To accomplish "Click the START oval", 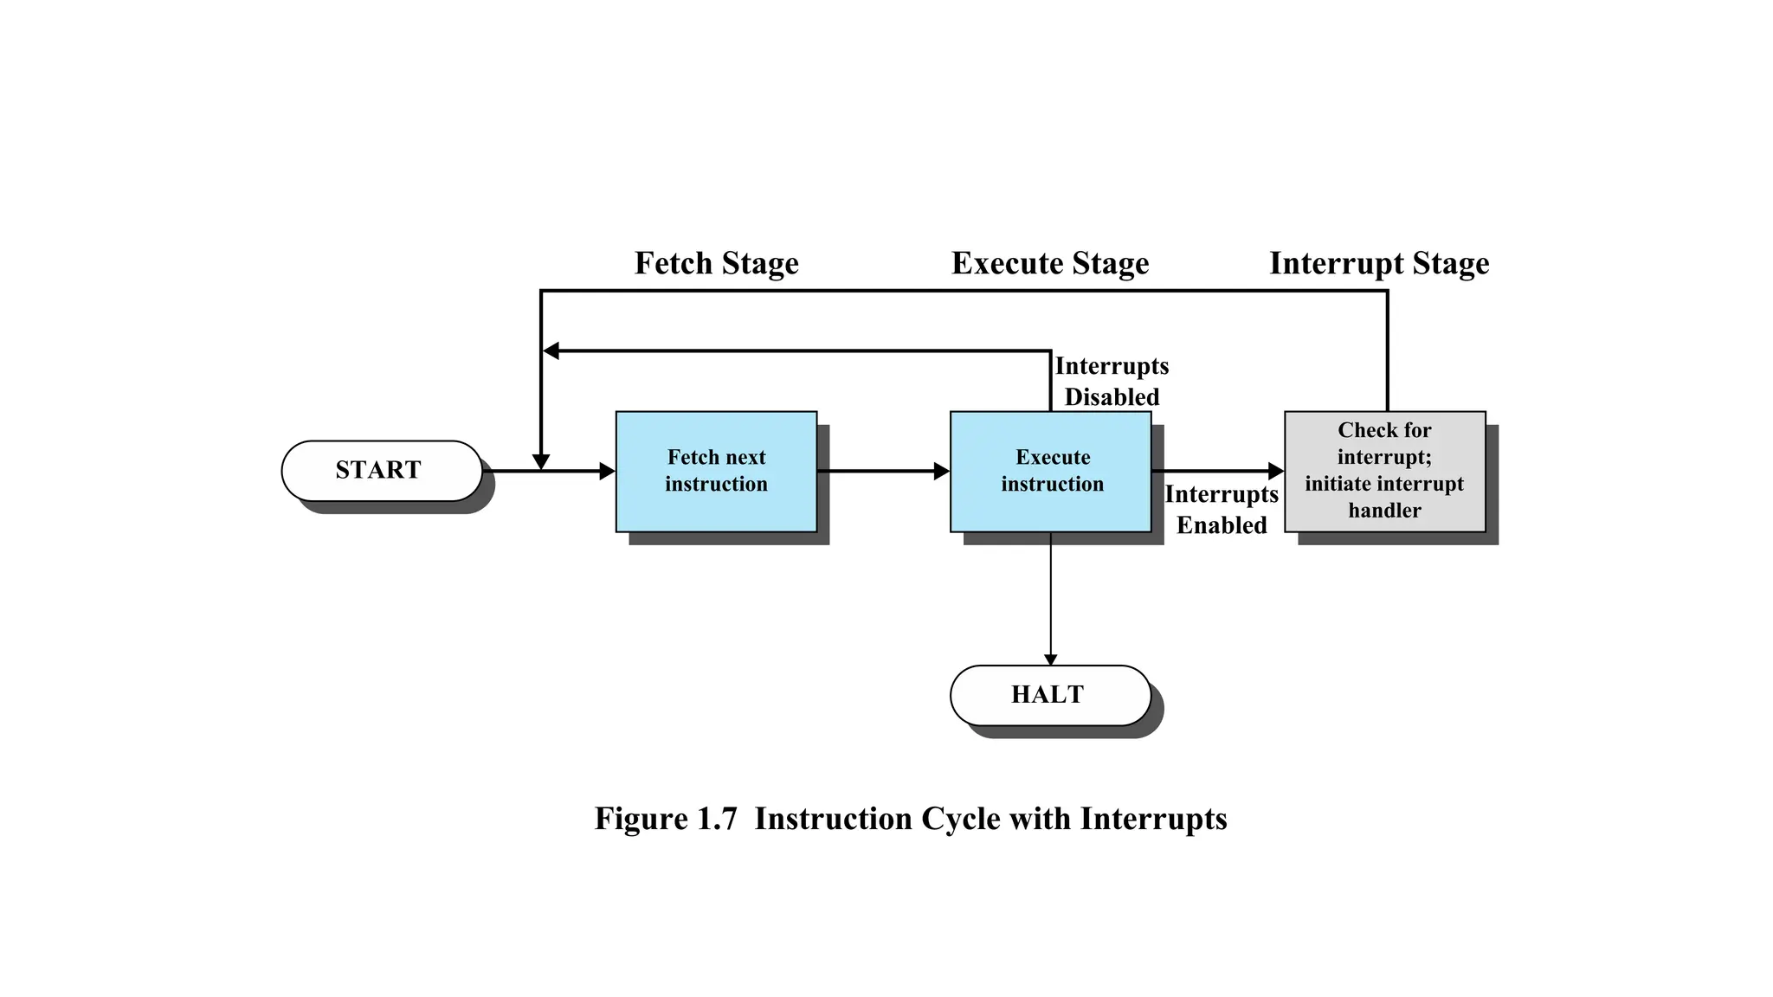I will (382, 471).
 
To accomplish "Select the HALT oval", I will (1050, 695).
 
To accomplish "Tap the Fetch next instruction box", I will (716, 471).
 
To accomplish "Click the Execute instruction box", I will (1050, 471).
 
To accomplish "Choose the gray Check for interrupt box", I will (1384, 471).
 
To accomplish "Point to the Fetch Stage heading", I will (716, 263).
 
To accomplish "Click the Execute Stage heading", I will (1050, 263).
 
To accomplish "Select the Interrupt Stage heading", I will (1379, 263).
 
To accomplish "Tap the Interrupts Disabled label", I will (1112, 382).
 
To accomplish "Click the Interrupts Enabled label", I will (1221, 510).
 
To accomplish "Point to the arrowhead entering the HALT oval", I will (1050, 659).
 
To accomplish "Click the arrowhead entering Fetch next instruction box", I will (608, 472).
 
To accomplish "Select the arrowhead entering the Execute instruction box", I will (942, 472).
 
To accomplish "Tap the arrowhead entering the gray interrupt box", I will (1276, 472).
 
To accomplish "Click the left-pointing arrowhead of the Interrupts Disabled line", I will (551, 351).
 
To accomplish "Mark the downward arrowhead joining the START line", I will (541, 462).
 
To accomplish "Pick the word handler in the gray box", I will (1384, 511).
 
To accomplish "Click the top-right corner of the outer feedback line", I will (1387, 291).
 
